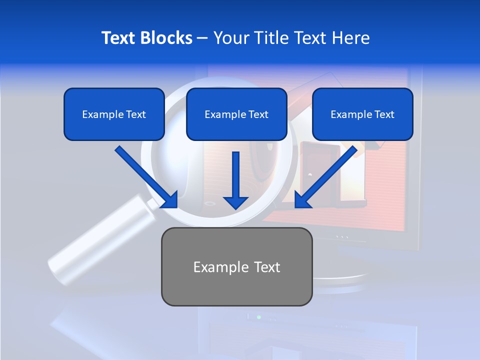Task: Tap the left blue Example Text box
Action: pyautogui.click(x=114, y=114)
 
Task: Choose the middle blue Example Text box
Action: pyautogui.click(x=236, y=114)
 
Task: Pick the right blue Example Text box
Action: pyautogui.click(x=362, y=114)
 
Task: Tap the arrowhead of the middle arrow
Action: pyautogui.click(x=236, y=202)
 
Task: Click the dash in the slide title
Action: pyautogui.click(x=202, y=38)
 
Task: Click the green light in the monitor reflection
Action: pyautogui.click(x=258, y=317)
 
